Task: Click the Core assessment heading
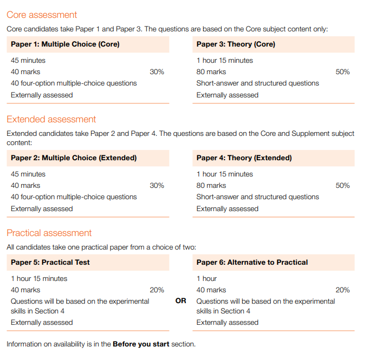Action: [x=42, y=15]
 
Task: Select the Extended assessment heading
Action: [x=51, y=120]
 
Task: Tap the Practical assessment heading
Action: [x=49, y=233]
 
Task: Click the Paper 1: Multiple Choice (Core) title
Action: [x=65, y=44]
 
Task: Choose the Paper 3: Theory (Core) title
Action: [x=236, y=44]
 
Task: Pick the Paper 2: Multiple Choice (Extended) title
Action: [x=74, y=158]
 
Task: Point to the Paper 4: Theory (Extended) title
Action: [x=244, y=158]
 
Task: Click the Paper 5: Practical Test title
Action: [x=50, y=263]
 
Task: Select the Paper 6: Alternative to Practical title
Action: [x=252, y=263]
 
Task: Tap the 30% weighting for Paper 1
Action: [x=157, y=72]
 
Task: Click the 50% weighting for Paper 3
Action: [x=342, y=72]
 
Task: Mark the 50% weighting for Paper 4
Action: [x=342, y=186]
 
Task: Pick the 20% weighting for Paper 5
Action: [x=157, y=290]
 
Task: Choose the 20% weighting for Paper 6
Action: [x=342, y=290]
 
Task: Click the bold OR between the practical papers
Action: [x=181, y=301]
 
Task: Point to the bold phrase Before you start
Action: [x=141, y=344]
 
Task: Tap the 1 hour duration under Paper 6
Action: [x=206, y=279]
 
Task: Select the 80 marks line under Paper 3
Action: [x=211, y=72]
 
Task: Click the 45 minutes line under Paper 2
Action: [x=28, y=174]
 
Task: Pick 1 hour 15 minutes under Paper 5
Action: [x=39, y=279]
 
